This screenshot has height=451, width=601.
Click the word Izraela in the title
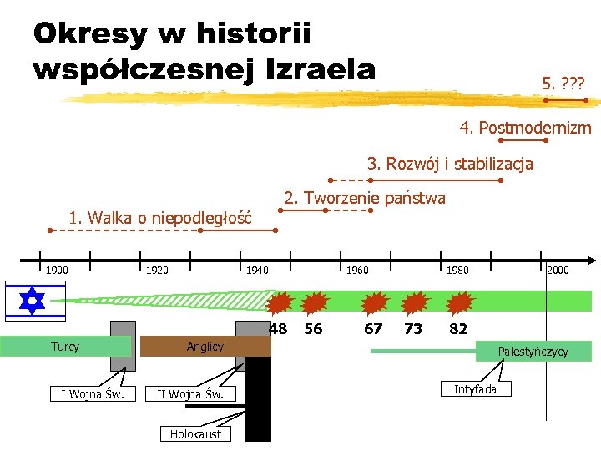[320, 68]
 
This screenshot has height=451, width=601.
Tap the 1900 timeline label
[57, 270]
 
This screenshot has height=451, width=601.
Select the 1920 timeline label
[157, 270]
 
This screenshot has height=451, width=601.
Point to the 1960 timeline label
[357, 270]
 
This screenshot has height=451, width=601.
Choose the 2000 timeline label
[558, 270]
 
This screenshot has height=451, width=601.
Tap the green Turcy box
[65, 347]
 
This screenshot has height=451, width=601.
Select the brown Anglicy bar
[205, 347]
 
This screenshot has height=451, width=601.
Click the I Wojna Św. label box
[93, 393]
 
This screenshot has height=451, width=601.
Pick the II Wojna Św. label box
[190, 393]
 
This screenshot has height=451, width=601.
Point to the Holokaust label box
[195, 433]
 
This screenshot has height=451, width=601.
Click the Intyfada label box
[475, 389]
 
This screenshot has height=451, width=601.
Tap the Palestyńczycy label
[533, 352]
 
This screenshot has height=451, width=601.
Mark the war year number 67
[373, 329]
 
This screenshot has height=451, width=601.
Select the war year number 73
[412, 329]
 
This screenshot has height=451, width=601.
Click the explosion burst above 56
[315, 302]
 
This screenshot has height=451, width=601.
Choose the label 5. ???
[563, 83]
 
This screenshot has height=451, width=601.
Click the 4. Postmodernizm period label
[525, 128]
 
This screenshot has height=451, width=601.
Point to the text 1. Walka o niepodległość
[159, 219]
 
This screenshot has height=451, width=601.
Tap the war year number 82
[458, 329]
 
